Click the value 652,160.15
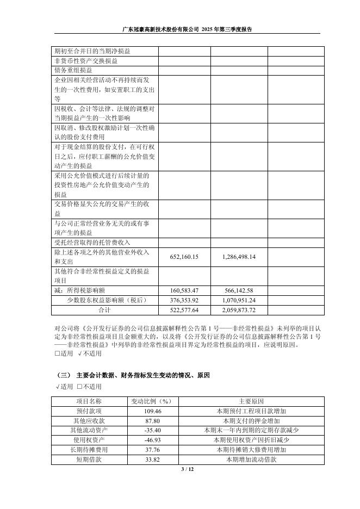point(184,257)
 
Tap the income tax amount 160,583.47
point(184,290)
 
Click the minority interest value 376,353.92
point(184,300)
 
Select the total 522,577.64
point(184,310)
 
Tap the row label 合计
point(104,310)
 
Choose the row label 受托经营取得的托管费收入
point(92,242)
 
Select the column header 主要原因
point(251,401)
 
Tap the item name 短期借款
point(91,460)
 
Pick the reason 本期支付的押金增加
point(251,421)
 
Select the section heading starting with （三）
point(133,376)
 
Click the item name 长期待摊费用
point(91,450)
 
